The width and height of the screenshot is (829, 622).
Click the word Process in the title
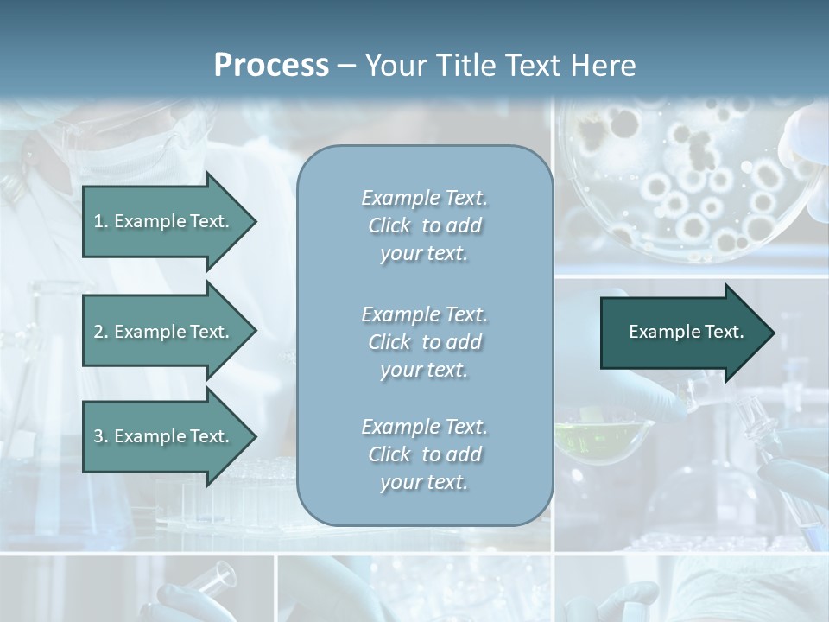point(271,66)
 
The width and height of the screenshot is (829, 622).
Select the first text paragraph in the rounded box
point(424,225)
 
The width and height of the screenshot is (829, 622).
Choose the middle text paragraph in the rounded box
point(424,341)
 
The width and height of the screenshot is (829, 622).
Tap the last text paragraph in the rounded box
point(424,454)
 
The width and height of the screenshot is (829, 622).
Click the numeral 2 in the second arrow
point(98,332)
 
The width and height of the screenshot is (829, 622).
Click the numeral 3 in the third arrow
point(98,436)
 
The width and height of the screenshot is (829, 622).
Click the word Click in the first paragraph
point(389,226)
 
